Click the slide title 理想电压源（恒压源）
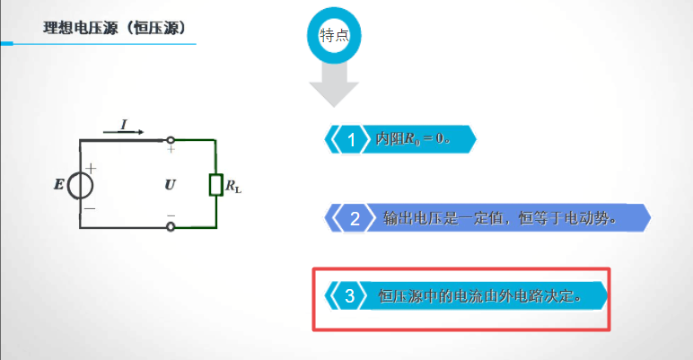click(115, 29)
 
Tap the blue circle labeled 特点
click(334, 36)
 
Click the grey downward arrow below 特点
click(334, 88)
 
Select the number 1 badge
click(352, 140)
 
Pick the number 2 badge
click(355, 218)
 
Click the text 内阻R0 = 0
click(412, 140)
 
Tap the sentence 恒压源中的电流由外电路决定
click(480, 295)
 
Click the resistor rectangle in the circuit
click(215, 185)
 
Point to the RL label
click(232, 188)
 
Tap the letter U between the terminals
click(171, 185)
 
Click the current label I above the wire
click(124, 121)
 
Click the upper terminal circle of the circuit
click(171, 140)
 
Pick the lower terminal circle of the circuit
click(171, 228)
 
